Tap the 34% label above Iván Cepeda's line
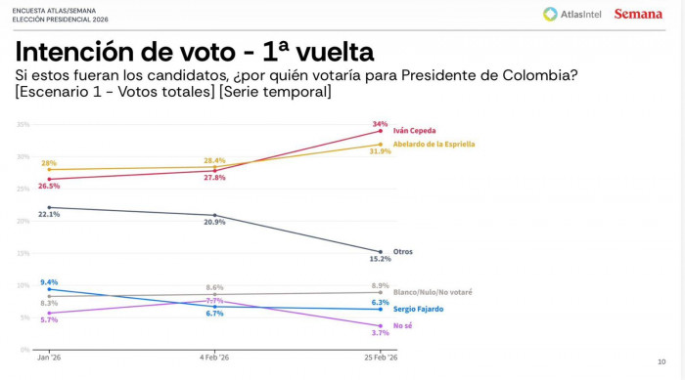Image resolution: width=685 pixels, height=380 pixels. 380,124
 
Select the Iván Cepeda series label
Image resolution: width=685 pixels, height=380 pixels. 414,130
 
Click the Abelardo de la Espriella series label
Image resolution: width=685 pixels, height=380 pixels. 434,144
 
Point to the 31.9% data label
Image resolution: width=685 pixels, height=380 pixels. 380,152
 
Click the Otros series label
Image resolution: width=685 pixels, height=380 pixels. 402,252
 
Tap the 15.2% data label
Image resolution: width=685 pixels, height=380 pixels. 380,261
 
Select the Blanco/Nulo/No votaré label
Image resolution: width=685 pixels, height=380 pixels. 432,293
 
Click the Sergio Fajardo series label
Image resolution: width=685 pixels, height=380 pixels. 418,309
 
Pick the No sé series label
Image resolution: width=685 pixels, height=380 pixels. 402,325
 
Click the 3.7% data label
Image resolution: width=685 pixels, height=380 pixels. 380,333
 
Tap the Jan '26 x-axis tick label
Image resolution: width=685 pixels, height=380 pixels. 49,358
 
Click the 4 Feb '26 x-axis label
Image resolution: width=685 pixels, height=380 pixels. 214,358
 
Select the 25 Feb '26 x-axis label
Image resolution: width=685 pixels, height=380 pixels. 380,358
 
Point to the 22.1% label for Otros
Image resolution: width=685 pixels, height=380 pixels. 49,214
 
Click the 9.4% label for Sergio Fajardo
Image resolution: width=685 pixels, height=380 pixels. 49,281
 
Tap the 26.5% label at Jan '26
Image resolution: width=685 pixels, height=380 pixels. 49,186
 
